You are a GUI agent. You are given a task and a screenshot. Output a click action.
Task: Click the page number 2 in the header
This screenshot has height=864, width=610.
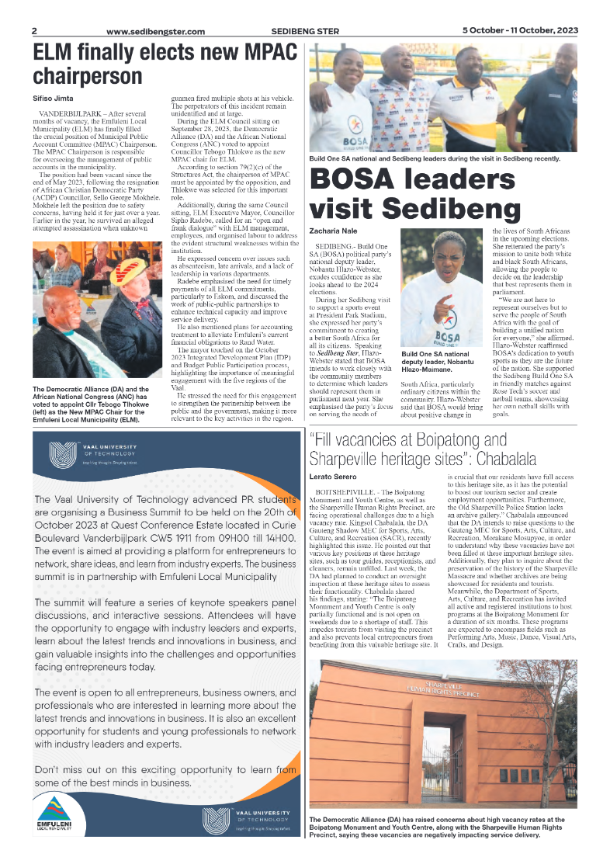click(x=35, y=31)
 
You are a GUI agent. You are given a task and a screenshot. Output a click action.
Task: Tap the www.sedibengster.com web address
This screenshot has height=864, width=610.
click(x=155, y=32)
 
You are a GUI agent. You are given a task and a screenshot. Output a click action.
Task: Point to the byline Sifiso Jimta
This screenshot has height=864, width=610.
click(x=54, y=99)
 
